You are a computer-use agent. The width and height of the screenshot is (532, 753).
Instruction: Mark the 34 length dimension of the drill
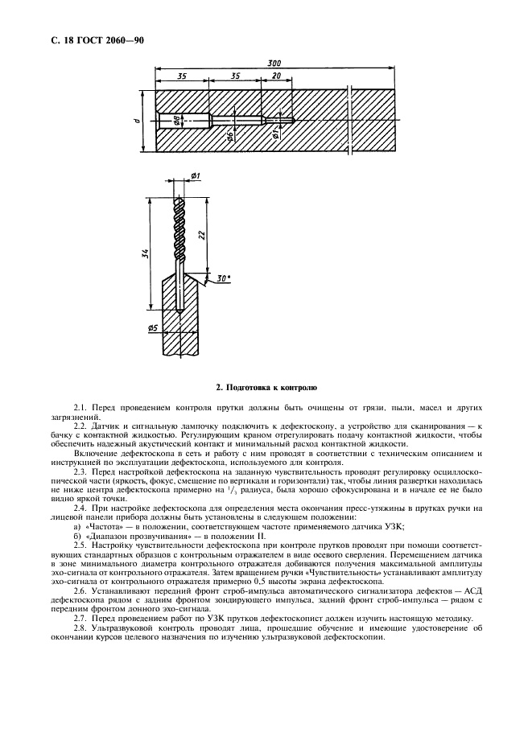click(144, 254)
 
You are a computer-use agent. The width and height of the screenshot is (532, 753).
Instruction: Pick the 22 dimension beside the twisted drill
click(200, 236)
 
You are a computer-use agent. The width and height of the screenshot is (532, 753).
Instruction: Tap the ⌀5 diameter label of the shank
click(152, 328)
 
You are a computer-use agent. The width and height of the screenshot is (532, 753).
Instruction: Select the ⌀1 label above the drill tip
click(196, 175)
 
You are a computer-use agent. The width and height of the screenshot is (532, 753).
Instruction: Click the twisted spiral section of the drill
click(179, 225)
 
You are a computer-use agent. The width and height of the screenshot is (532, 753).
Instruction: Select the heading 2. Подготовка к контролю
click(266, 387)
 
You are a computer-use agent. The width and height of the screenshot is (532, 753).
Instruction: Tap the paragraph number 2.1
click(79, 410)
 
